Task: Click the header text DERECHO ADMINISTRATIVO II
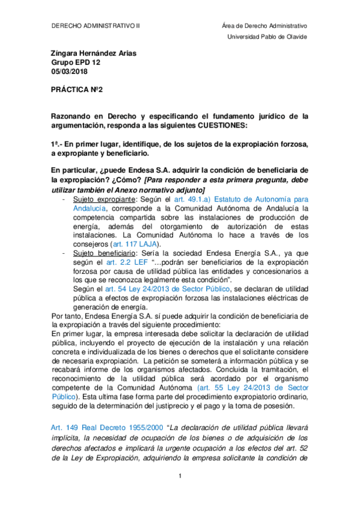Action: point(96,26)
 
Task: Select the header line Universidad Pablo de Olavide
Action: point(266,37)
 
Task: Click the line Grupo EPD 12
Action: point(75,63)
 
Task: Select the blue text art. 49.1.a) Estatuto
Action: point(234,198)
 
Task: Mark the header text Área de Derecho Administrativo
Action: point(264,26)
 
